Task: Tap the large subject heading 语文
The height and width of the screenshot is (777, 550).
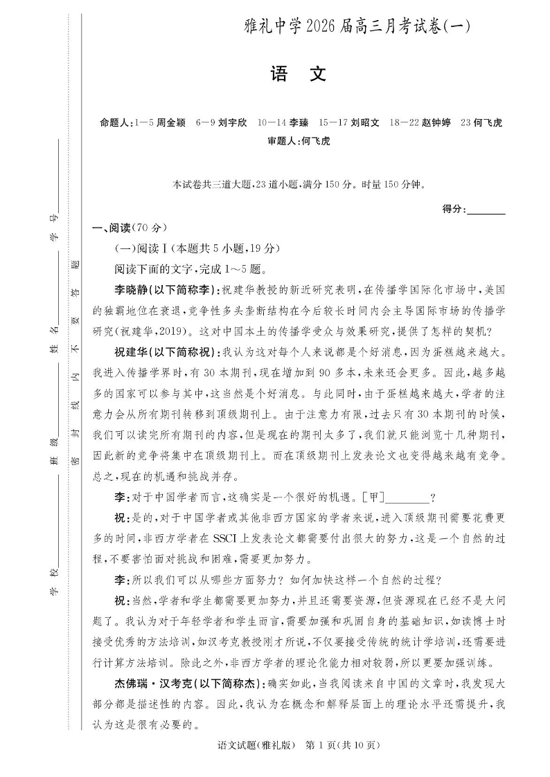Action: pyautogui.click(x=298, y=75)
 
